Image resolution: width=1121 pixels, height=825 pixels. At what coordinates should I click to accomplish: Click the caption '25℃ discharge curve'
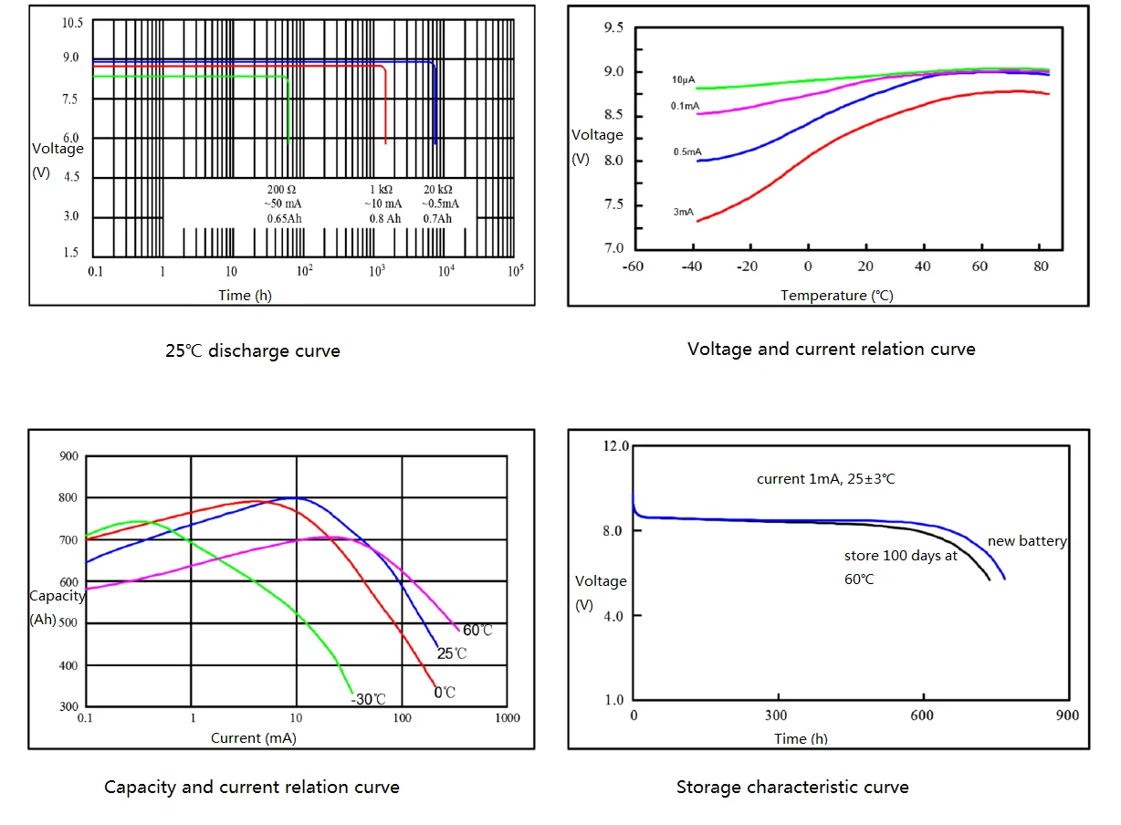252,350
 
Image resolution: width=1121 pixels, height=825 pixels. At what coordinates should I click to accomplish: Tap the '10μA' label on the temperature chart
685,80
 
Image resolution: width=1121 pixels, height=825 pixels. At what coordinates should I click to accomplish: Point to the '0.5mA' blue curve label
686,151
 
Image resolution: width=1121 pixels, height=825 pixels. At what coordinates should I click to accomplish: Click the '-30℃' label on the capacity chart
369,699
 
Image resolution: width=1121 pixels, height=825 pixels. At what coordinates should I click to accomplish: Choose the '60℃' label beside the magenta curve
477,631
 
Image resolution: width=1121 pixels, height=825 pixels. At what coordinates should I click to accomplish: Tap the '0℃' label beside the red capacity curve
445,693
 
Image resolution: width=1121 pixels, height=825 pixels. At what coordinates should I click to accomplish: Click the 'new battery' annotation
1027,541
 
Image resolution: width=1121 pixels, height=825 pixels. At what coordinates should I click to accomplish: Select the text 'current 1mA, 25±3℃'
826,479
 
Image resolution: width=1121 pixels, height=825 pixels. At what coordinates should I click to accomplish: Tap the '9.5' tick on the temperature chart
613,28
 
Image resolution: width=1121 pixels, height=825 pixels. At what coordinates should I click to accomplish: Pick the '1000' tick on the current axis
507,717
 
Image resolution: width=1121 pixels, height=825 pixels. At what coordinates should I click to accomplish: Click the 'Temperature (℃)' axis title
836,295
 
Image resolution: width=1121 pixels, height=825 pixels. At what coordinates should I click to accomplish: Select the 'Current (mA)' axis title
253,736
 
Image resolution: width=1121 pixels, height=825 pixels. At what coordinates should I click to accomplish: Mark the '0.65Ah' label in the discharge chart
284,219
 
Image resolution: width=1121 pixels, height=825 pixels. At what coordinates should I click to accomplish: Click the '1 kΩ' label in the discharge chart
382,189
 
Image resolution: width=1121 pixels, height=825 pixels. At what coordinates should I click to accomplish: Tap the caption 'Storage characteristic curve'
792,787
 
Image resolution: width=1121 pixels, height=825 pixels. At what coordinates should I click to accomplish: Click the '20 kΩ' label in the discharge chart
440,189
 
